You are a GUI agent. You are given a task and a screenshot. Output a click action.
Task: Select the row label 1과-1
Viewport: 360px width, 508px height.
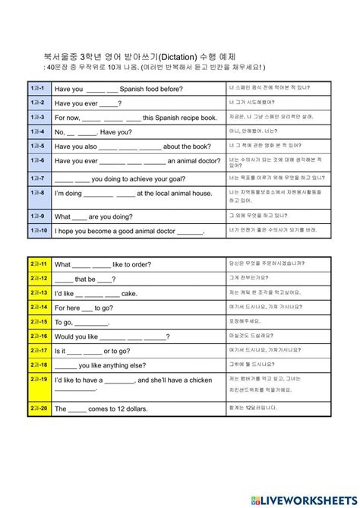[x=38, y=88]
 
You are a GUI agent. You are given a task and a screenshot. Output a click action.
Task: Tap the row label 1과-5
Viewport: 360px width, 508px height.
[x=38, y=145]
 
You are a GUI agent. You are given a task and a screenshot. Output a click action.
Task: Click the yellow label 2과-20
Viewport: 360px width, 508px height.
[x=38, y=408]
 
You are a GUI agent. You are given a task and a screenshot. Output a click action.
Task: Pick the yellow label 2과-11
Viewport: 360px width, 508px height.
[x=38, y=263]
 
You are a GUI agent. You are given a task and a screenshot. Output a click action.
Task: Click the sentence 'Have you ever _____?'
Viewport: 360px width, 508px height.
[x=88, y=103]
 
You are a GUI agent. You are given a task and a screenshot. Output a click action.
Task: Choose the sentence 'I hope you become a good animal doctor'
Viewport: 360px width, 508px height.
[x=130, y=231]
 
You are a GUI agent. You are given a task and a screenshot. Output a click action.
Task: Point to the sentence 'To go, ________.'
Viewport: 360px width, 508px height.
[x=84, y=321]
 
